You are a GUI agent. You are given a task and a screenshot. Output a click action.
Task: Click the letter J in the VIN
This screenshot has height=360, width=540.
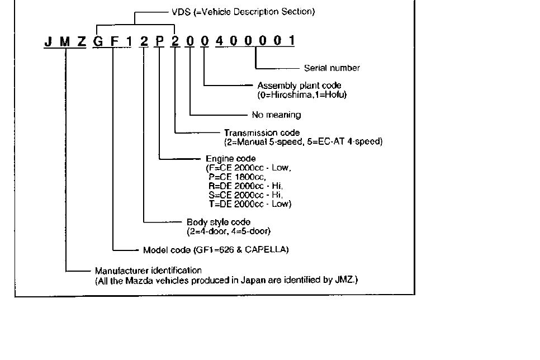[x=49, y=41]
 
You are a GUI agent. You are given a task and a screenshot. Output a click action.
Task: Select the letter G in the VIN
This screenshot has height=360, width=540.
[x=98, y=41]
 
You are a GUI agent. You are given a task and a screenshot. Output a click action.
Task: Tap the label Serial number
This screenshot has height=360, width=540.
[x=331, y=68]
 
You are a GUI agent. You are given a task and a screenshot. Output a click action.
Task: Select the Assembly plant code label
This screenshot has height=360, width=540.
[x=299, y=86]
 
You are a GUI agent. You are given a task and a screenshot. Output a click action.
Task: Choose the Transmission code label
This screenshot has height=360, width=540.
[x=262, y=133]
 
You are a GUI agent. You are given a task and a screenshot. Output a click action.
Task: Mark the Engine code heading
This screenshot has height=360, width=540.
[x=231, y=159]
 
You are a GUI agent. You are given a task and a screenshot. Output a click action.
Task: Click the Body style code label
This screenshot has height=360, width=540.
[x=219, y=222]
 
